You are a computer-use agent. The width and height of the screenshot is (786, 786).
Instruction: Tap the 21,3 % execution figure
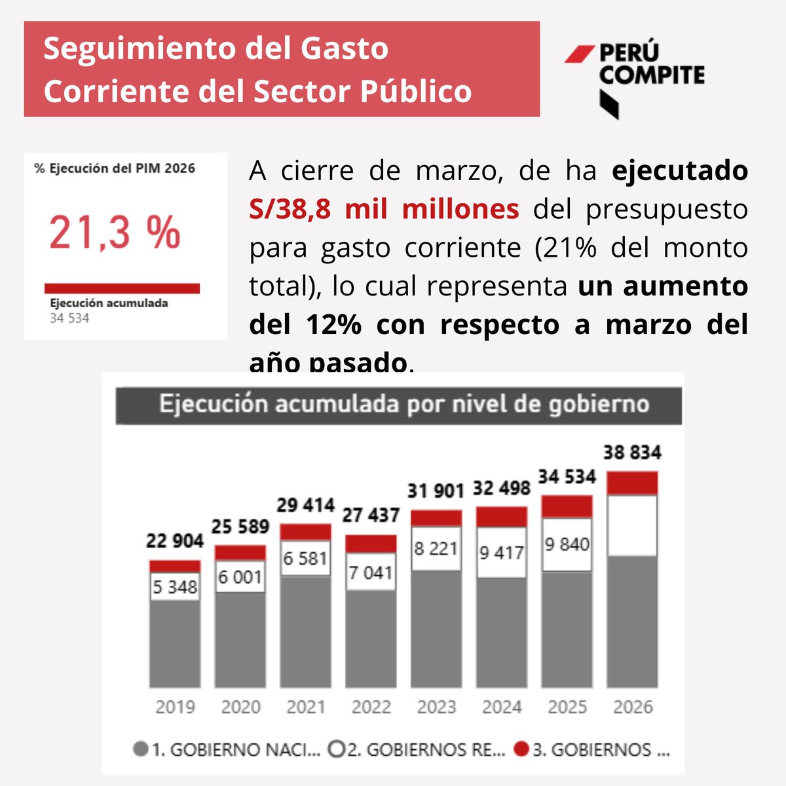click(115, 233)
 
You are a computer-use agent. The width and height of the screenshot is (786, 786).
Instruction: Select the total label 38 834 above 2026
click(632, 453)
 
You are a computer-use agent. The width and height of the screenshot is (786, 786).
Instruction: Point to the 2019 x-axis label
click(175, 707)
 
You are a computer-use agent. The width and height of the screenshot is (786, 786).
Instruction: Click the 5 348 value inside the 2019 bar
click(175, 587)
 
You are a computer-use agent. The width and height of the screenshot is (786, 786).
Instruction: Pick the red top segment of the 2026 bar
click(632, 483)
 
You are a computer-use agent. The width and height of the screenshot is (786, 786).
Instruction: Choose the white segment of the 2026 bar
click(632, 525)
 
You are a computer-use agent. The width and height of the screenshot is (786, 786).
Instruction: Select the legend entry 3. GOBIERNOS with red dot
click(592, 750)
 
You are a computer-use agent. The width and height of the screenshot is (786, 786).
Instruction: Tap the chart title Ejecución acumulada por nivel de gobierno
click(403, 405)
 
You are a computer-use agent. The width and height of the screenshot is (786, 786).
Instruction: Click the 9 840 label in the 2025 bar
click(567, 544)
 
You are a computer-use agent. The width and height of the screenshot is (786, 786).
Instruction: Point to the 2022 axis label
click(371, 707)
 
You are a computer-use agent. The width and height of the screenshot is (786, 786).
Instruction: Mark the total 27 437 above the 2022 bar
click(371, 516)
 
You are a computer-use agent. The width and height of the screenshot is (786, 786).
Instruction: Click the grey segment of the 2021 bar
click(305, 632)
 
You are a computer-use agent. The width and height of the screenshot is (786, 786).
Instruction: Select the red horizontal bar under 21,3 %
click(122, 288)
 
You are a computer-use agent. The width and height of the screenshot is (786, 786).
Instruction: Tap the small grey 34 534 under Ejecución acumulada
click(69, 319)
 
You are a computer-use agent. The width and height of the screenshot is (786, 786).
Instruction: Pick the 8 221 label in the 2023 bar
click(436, 549)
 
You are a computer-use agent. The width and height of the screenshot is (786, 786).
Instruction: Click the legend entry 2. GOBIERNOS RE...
click(418, 750)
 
